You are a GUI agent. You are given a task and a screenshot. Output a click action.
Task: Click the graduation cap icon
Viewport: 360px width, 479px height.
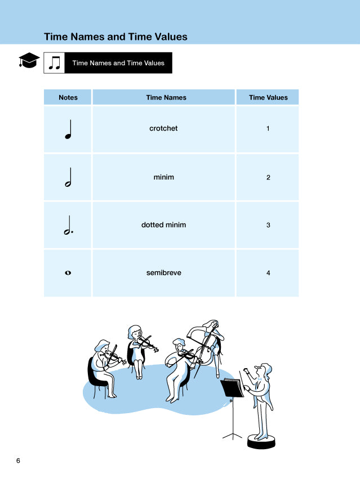[x=29, y=61]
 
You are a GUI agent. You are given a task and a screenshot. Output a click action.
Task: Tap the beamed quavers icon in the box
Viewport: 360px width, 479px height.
[x=55, y=63]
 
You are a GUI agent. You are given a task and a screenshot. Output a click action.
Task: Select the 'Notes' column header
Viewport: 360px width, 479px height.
[x=68, y=97]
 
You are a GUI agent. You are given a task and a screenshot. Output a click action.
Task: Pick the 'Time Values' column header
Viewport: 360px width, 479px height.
[x=268, y=97]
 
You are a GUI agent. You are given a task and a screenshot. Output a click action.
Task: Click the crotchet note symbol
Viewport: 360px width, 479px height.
[x=68, y=131]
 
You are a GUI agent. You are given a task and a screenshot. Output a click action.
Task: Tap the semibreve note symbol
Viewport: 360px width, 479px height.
[x=68, y=273]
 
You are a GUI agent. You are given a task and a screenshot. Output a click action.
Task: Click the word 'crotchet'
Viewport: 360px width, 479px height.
[x=163, y=128]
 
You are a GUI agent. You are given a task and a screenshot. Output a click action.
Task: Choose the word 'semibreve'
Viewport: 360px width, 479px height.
[x=163, y=273]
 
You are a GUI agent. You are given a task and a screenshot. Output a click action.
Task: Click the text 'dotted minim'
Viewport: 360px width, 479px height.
[x=163, y=225]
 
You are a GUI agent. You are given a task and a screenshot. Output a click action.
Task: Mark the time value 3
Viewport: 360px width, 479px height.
[x=268, y=225]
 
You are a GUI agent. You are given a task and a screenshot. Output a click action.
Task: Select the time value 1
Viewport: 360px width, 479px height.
[x=268, y=128]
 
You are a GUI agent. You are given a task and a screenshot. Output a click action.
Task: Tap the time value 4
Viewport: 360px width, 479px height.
[x=268, y=273]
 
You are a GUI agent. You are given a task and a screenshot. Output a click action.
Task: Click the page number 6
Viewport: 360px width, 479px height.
[x=18, y=461]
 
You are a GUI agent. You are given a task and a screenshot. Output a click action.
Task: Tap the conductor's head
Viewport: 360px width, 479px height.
[x=261, y=371]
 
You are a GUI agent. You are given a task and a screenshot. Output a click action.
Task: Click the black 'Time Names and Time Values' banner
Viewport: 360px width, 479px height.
[x=118, y=63]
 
